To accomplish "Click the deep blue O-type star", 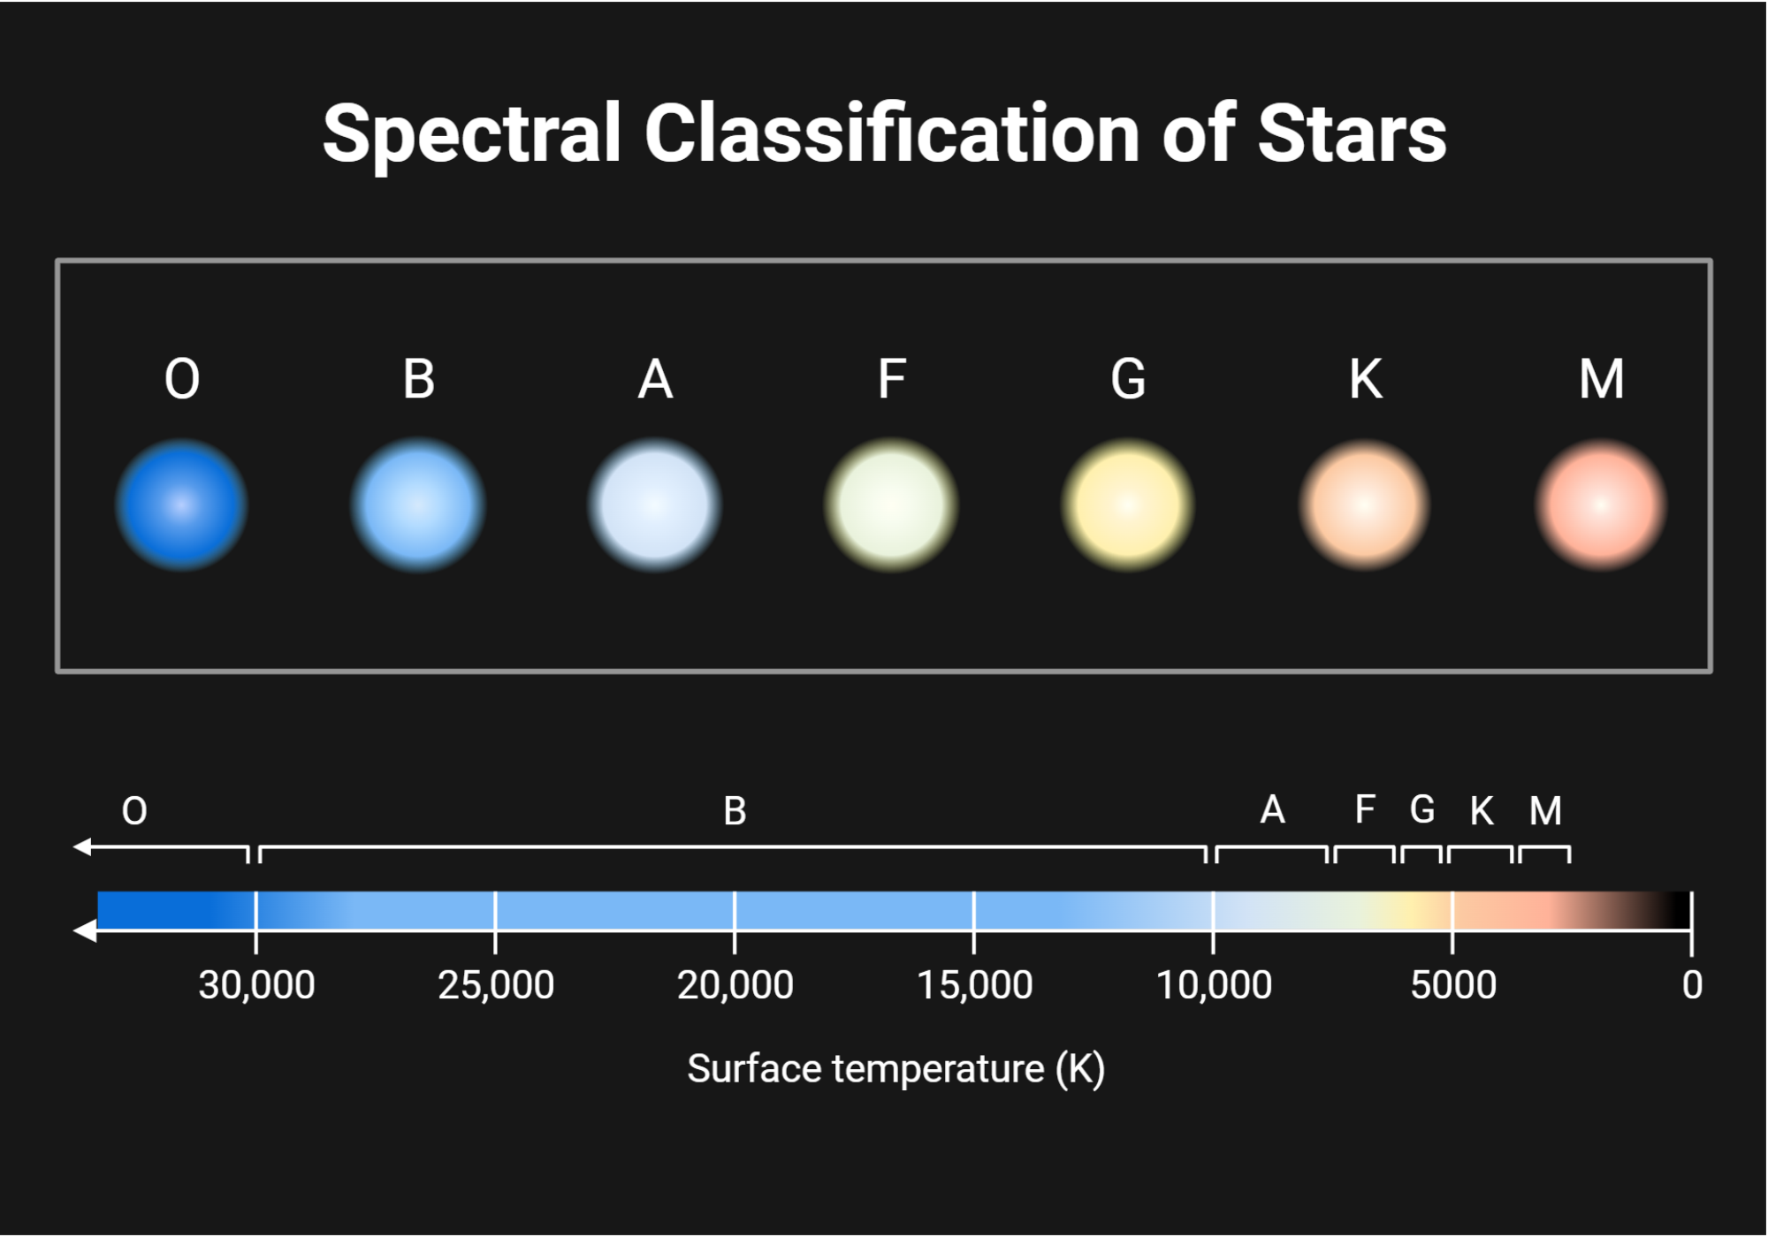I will pos(181,505).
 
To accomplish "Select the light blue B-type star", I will pos(418,505).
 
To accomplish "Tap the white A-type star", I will pos(655,505).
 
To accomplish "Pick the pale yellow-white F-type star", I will pos(891,505).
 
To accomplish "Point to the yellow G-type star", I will pos(1128,505).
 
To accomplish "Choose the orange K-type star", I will pos(1365,505).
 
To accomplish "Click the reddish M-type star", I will pos(1601,505).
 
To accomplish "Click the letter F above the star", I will pos(891,379).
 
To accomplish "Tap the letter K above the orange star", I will pos(1366,379).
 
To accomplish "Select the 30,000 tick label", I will pos(256,984).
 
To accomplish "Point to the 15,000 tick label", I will pos(974,984).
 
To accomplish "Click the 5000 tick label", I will pos(1453,984).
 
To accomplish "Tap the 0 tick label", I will pos(1692,984).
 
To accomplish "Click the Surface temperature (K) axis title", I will pos(895,1069).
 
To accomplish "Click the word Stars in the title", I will pos(1352,134).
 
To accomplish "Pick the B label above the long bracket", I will pos(735,810).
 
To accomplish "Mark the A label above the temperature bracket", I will pos(1272,809).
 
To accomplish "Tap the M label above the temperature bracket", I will pos(1545,810).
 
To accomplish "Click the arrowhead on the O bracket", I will pos(82,847).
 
